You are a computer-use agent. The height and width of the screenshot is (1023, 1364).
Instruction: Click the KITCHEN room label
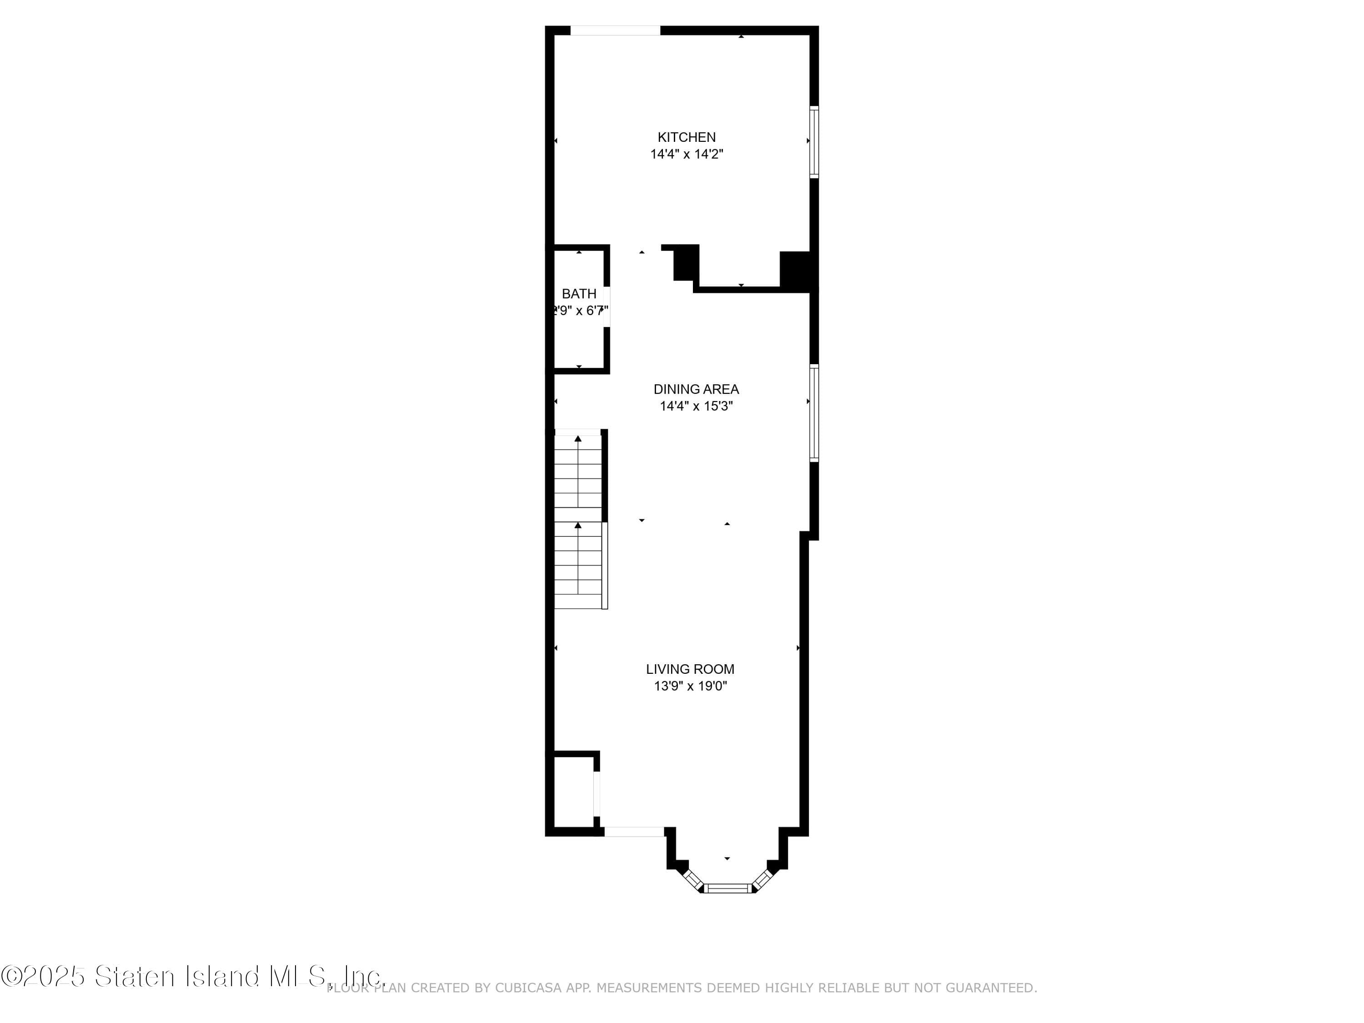686,137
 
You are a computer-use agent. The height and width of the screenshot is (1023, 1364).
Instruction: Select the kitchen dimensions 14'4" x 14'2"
686,154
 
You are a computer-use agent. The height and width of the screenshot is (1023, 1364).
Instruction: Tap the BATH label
578,294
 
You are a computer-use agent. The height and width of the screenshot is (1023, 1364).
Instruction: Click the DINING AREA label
696,389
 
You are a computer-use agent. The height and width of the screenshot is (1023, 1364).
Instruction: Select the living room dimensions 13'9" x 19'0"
690,686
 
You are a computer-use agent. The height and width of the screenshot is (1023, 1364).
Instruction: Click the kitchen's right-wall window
814,142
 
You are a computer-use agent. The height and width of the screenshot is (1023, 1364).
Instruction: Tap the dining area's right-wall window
814,412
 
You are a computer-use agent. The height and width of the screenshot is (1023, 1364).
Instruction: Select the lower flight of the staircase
578,564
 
